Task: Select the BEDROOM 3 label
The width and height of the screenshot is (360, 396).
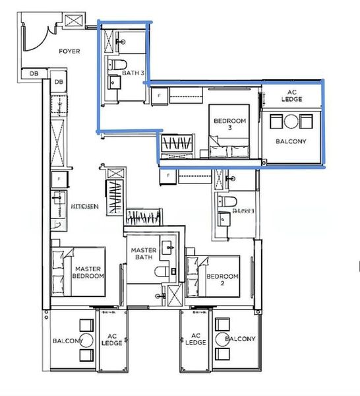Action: point(229,125)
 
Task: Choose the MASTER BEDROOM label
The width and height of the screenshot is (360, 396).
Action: point(88,273)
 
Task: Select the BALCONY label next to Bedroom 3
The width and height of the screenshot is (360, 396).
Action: point(290,141)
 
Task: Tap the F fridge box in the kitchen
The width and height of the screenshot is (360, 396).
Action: point(59,178)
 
